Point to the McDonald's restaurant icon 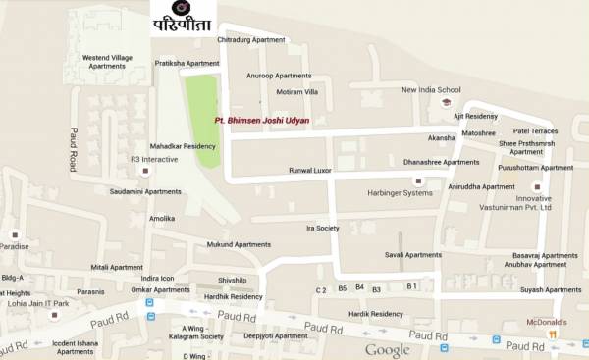click(553, 334)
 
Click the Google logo click(387, 350)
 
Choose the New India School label click(431, 89)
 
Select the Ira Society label click(322, 228)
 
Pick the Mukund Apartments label click(238, 244)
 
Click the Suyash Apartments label click(551, 290)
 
